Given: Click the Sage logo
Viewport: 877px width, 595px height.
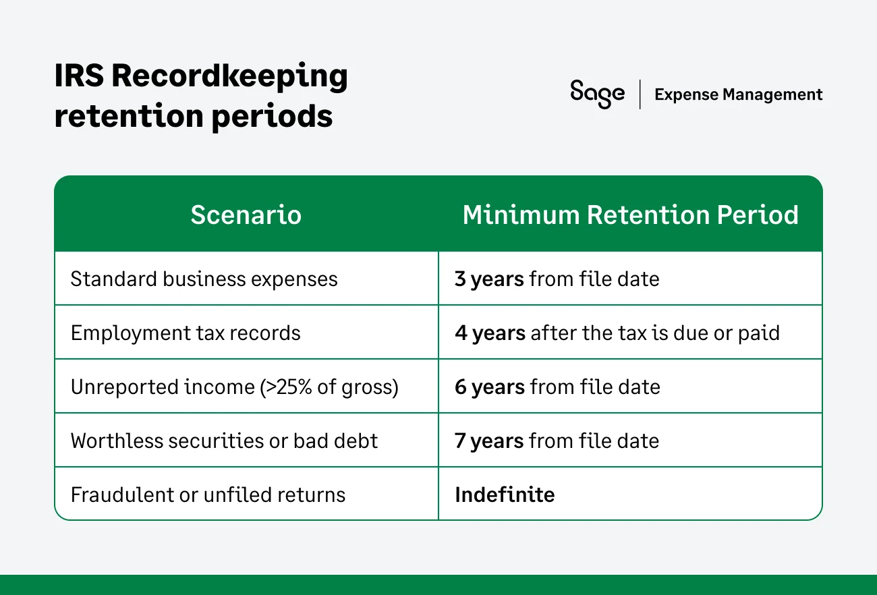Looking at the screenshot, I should pyautogui.click(x=597, y=94).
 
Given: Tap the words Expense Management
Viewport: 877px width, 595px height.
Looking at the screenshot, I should pyautogui.click(x=738, y=94).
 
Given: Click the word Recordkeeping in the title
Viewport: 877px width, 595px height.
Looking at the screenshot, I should pyautogui.click(x=229, y=76).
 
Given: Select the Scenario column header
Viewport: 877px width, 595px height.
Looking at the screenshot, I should pyautogui.click(x=246, y=215).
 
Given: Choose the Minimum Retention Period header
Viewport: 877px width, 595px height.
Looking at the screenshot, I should pyautogui.click(x=630, y=215).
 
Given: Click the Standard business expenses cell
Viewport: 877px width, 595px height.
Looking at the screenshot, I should pyautogui.click(x=204, y=279).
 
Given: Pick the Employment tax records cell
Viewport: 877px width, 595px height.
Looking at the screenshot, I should pyautogui.click(x=186, y=333).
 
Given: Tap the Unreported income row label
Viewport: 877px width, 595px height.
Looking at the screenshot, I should pyautogui.click(x=234, y=387).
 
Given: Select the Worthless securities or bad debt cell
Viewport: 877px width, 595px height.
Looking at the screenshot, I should pyautogui.click(x=224, y=441).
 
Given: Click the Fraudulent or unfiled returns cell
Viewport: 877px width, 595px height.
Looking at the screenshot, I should pyautogui.click(x=208, y=494).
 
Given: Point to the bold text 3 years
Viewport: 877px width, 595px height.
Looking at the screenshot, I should pyautogui.click(x=489, y=279).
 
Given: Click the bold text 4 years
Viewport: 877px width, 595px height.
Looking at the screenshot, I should pyautogui.click(x=490, y=333).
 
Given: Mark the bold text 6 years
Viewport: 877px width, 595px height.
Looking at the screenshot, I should pyautogui.click(x=489, y=387).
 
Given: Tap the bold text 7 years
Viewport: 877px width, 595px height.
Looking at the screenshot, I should pyautogui.click(x=489, y=441).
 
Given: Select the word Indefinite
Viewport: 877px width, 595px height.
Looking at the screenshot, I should pyautogui.click(x=505, y=494).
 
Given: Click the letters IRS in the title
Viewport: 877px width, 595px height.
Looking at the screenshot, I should pyautogui.click(x=78, y=76).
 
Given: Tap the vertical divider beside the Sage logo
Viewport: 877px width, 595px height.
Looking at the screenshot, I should pyautogui.click(x=640, y=94).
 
